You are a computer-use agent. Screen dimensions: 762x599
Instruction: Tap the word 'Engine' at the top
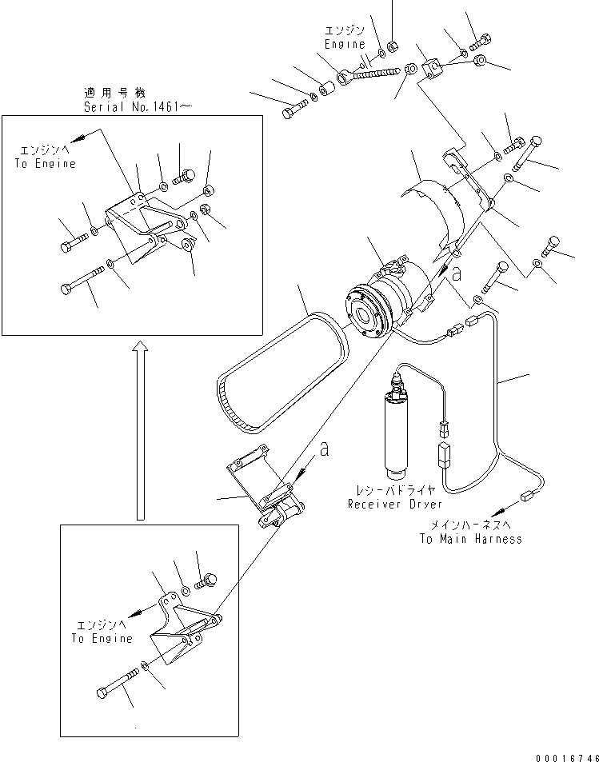345,45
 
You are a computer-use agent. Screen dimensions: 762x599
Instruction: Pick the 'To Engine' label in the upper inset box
45,163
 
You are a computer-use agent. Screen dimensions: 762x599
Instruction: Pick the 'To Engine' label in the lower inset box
101,638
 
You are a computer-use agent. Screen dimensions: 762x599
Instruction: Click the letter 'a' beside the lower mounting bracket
324,450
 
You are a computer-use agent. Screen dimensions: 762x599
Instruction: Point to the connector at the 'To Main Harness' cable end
527,496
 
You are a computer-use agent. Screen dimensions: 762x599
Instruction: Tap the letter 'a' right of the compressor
456,274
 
